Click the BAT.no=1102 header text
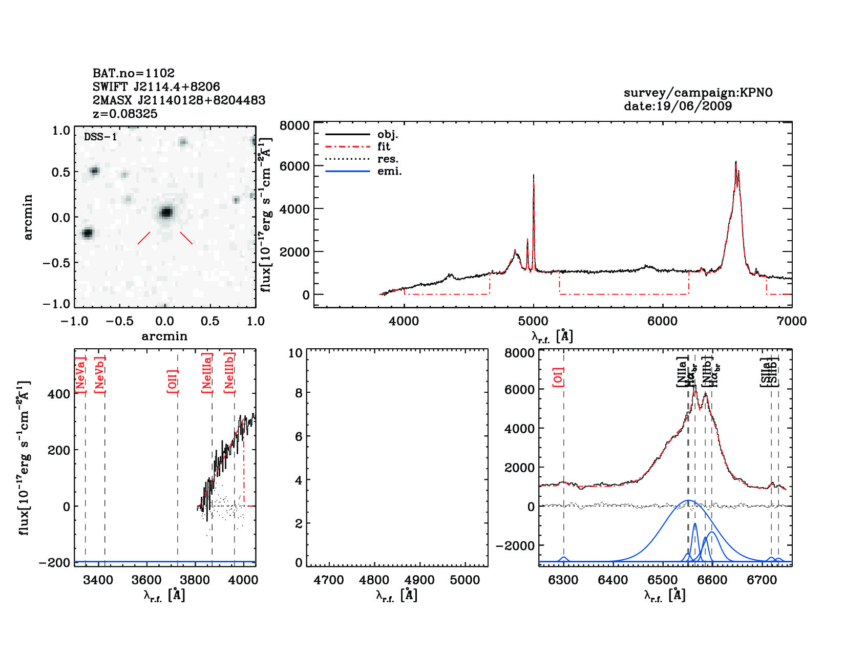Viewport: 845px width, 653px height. pyautogui.click(x=133, y=73)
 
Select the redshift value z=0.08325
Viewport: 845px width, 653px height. pyautogui.click(x=125, y=114)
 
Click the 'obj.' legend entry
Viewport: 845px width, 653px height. pyautogui.click(x=388, y=135)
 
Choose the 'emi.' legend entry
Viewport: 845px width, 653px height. pyautogui.click(x=389, y=172)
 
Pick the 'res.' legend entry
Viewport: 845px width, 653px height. pyautogui.click(x=388, y=159)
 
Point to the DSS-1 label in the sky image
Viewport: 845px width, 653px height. pyautogui.click(x=100, y=137)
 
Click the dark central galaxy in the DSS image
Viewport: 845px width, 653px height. pyautogui.click(x=166, y=212)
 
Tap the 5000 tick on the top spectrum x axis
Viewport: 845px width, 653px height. pyautogui.click(x=533, y=321)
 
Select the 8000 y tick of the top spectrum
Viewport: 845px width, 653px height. pyautogui.click(x=294, y=126)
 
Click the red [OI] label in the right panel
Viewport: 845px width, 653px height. pyautogui.click(x=558, y=376)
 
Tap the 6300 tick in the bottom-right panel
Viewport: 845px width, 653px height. pyautogui.click(x=563, y=580)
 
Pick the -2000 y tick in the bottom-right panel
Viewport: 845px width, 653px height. pyautogui.click(x=515, y=546)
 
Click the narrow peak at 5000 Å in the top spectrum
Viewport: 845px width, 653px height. pyautogui.click(x=534, y=177)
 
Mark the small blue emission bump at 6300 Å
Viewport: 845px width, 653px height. pyautogui.click(x=564, y=558)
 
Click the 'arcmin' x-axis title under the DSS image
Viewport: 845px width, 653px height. pyautogui.click(x=164, y=336)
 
